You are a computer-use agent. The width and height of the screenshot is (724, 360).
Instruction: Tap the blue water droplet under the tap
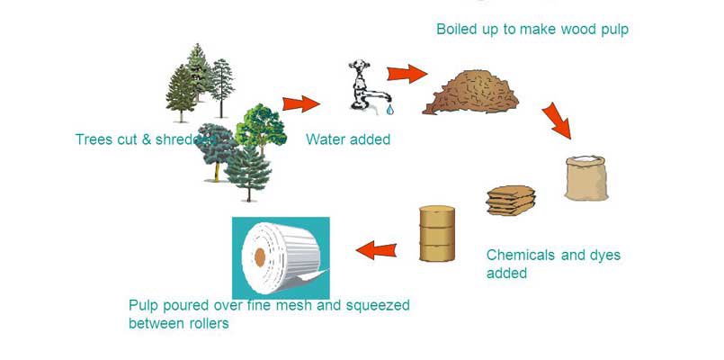click(389, 110)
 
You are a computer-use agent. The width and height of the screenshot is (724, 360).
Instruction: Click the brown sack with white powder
click(586, 177)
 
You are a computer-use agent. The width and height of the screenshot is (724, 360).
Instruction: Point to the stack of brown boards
click(511, 201)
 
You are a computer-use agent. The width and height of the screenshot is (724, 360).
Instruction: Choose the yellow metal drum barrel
click(437, 233)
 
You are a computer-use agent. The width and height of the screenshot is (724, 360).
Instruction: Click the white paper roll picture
click(282, 257)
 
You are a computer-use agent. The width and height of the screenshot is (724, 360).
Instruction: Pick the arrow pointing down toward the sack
click(557, 120)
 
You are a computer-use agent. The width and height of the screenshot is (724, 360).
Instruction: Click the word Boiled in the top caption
click(458, 30)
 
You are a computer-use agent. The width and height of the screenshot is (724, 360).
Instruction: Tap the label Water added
click(348, 139)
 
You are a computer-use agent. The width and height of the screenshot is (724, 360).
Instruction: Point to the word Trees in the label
click(94, 139)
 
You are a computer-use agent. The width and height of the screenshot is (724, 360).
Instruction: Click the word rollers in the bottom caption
click(206, 324)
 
